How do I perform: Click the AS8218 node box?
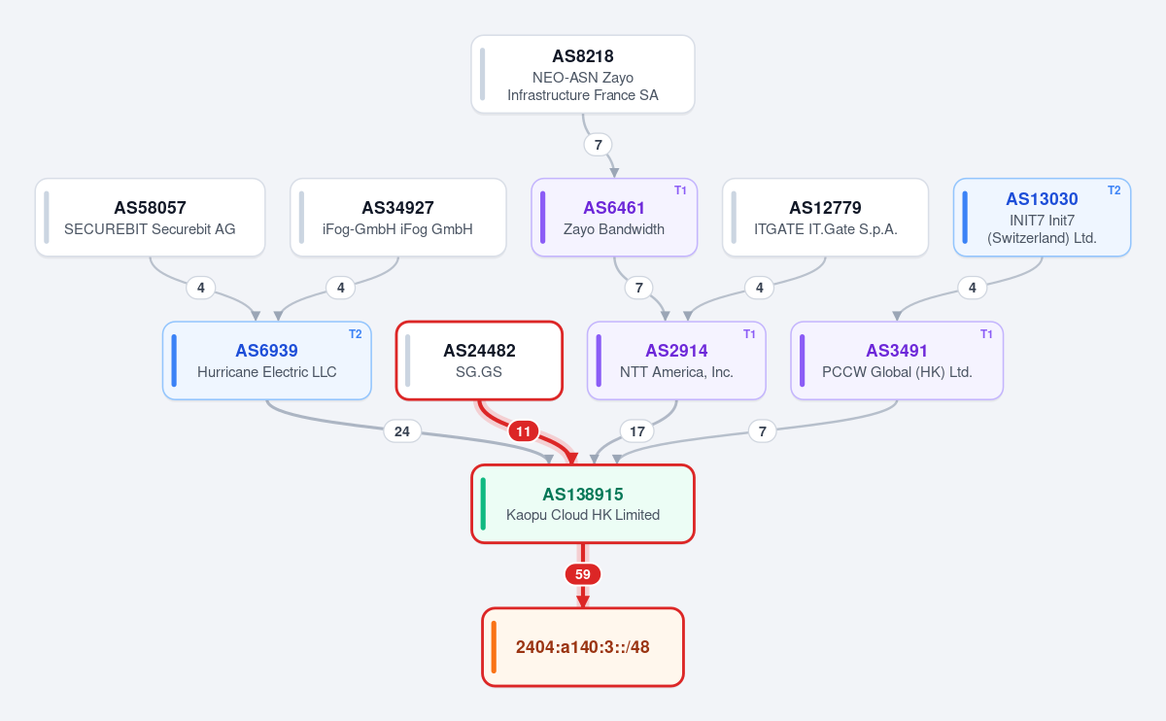(582, 75)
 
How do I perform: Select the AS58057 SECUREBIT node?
(150, 217)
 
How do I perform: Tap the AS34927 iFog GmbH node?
(398, 217)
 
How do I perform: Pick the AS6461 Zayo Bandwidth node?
(614, 217)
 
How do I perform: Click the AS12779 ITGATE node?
(826, 217)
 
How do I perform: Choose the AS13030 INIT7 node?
(1042, 217)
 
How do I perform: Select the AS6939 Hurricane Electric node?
(267, 360)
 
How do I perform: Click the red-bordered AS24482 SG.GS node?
(479, 360)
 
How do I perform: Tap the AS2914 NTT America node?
(676, 360)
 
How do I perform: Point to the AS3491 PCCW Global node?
(897, 360)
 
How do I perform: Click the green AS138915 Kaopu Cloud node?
(582, 504)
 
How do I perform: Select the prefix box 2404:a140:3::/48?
(582, 647)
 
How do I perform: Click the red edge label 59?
(582, 574)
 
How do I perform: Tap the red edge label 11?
(523, 431)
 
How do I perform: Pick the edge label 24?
(402, 431)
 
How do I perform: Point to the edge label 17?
(637, 431)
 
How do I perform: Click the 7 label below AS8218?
(599, 144)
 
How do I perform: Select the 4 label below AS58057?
(201, 288)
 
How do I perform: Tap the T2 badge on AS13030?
(1114, 190)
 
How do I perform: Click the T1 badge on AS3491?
(986, 334)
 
